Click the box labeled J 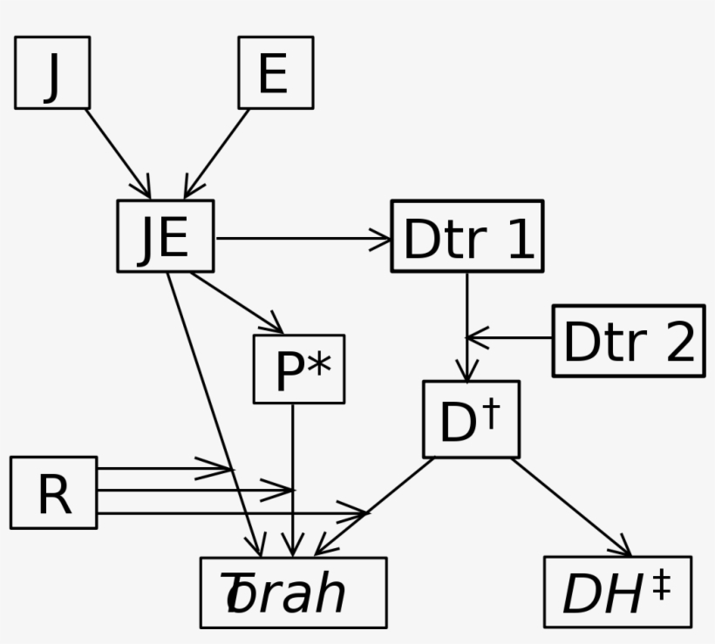click(x=52, y=72)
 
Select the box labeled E click(x=276, y=72)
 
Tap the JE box click(x=165, y=235)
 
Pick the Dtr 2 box click(x=628, y=340)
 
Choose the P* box click(x=298, y=369)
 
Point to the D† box click(x=471, y=419)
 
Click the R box click(x=53, y=492)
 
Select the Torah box click(x=293, y=593)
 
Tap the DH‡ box click(x=617, y=593)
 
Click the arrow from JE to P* click(x=237, y=303)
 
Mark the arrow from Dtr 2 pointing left click(x=510, y=337)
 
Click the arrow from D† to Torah click(x=375, y=505)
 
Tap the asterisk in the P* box click(x=319, y=366)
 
